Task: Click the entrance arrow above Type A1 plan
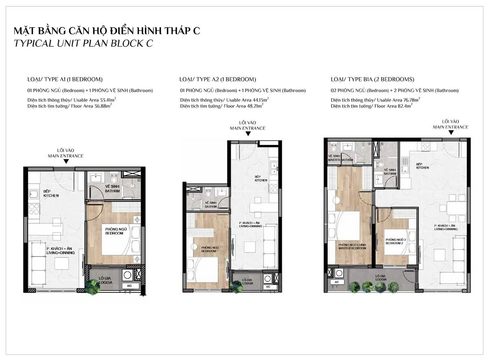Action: [x=66, y=162]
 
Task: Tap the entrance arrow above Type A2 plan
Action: [x=248, y=134]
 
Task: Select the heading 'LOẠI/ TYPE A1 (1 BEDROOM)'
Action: [x=64, y=79]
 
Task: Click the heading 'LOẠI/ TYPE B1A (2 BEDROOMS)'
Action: [x=372, y=79]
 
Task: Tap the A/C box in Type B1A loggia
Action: [x=337, y=282]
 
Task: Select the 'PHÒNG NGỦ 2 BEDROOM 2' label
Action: [x=394, y=242]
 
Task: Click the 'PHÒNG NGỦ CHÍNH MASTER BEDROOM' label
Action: [x=352, y=246]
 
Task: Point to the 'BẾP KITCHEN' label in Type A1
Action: [x=51, y=193]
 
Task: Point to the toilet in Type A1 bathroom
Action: [x=115, y=178]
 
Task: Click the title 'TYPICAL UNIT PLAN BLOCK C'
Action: [x=84, y=44]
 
